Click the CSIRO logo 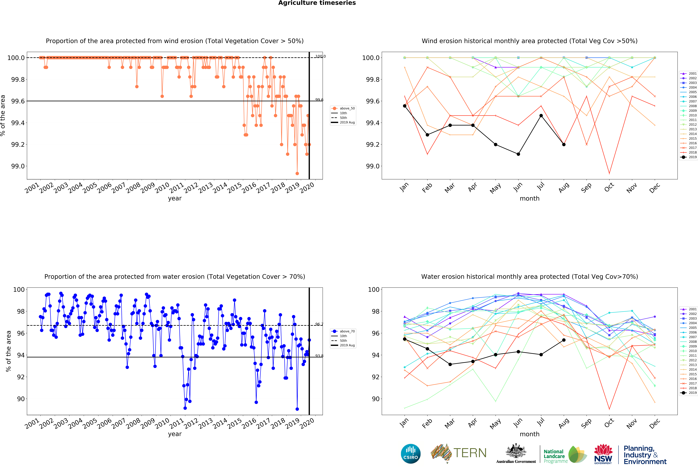(x=411, y=454)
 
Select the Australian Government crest (x=516, y=451)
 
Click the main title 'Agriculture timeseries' (x=317, y=3)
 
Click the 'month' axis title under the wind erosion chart (x=529, y=199)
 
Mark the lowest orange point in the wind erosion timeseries (x=297, y=173)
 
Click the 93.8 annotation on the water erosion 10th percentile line (x=319, y=356)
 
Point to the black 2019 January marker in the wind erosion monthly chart (x=405, y=106)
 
